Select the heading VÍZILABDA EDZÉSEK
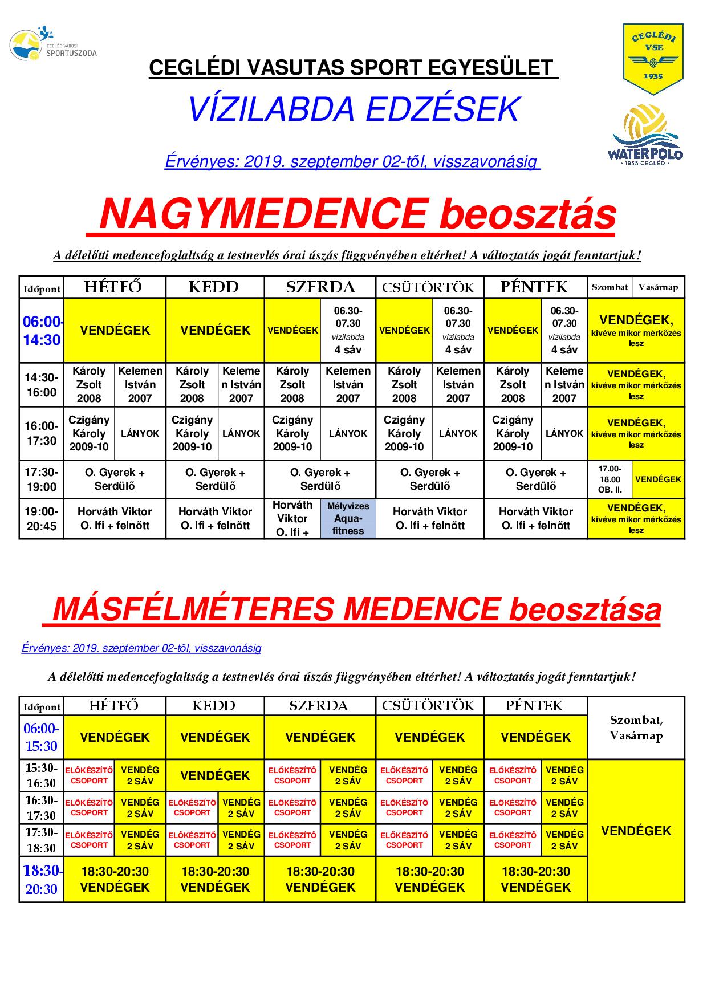click(x=353, y=109)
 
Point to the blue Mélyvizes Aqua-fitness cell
click(x=348, y=518)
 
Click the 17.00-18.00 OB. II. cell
click(x=610, y=479)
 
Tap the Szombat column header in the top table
click(x=610, y=287)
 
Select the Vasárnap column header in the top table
click(x=658, y=287)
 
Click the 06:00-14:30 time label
click(x=42, y=331)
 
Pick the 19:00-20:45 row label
click(x=42, y=519)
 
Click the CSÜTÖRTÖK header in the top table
click(x=429, y=287)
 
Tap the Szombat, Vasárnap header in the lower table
click(x=636, y=727)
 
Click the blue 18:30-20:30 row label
click(x=42, y=880)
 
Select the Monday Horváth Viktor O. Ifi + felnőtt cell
click(x=115, y=519)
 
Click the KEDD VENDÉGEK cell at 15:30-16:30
click(x=215, y=775)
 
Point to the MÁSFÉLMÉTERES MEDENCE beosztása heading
click(x=356, y=610)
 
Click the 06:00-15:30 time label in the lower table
click(x=42, y=737)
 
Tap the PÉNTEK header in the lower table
click(x=535, y=706)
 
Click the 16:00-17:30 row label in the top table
click(x=42, y=433)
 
